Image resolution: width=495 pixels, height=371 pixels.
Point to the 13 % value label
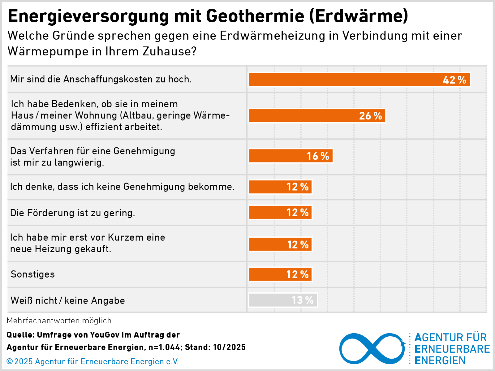click(x=302, y=300)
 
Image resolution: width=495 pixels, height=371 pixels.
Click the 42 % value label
click(x=454, y=80)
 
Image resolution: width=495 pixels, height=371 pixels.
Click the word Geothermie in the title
click(x=255, y=16)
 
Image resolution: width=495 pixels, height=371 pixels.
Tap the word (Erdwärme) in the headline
click(x=358, y=16)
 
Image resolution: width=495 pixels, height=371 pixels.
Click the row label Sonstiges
click(x=33, y=274)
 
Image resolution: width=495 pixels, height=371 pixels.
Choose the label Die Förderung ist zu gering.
click(x=72, y=213)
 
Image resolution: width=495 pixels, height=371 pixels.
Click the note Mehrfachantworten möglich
click(x=59, y=321)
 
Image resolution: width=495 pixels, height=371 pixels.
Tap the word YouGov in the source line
click(x=105, y=335)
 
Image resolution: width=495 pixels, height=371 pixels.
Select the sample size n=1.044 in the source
click(x=164, y=347)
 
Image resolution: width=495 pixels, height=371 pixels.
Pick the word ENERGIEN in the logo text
click(x=440, y=360)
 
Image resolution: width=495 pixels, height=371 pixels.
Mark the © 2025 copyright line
click(x=93, y=362)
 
